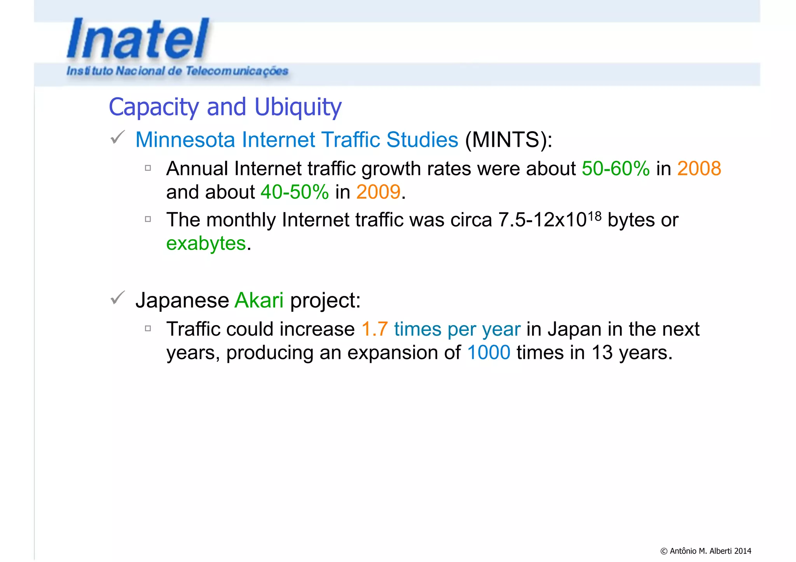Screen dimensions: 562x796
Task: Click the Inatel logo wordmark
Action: (138, 39)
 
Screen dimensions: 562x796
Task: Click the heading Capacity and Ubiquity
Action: (225, 107)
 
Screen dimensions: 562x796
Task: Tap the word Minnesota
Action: (185, 139)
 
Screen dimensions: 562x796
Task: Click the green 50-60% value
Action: (615, 169)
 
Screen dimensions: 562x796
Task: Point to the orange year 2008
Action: (699, 169)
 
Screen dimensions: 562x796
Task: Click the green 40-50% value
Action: (295, 192)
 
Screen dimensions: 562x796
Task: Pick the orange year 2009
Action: (378, 192)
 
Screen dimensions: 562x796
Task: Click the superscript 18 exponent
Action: (595, 216)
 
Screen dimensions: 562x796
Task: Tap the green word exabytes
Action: (206, 244)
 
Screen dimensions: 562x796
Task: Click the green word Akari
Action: (259, 300)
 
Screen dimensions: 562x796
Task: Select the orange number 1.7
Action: (374, 329)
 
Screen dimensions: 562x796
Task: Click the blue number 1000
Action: (489, 353)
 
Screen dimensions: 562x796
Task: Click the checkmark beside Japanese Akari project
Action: (117, 298)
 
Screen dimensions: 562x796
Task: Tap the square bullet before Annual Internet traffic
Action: (148, 168)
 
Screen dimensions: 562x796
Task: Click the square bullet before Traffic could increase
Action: (148, 329)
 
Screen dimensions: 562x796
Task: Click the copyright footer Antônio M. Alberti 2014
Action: (705, 551)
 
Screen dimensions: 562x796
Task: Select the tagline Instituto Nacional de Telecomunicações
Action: (177, 71)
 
